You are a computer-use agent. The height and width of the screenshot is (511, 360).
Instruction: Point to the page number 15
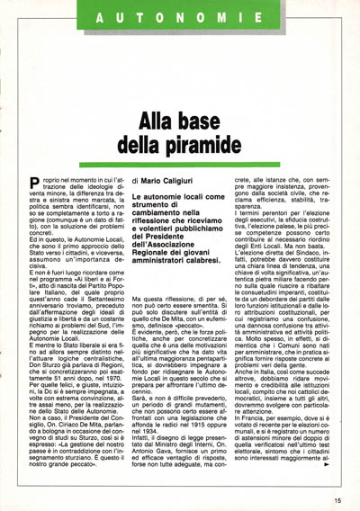click(337, 501)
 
